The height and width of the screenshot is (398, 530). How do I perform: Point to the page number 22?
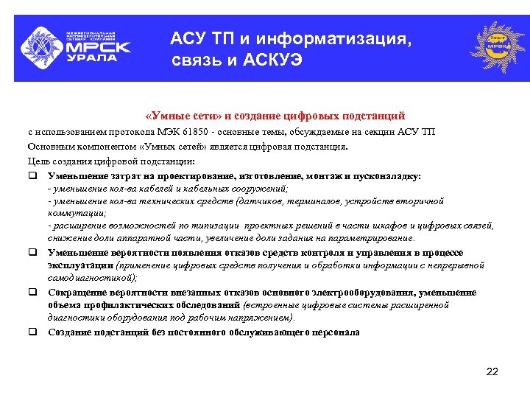tap(492, 371)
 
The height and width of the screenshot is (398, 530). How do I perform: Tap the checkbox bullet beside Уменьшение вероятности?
tap(33, 252)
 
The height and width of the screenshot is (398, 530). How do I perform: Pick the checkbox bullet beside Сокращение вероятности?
tap(33, 293)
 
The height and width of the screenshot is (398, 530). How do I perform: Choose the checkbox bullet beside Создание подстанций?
tap(33, 332)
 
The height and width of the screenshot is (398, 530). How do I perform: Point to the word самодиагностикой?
tap(91, 277)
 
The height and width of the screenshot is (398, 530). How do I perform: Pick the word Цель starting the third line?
tap(38, 161)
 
